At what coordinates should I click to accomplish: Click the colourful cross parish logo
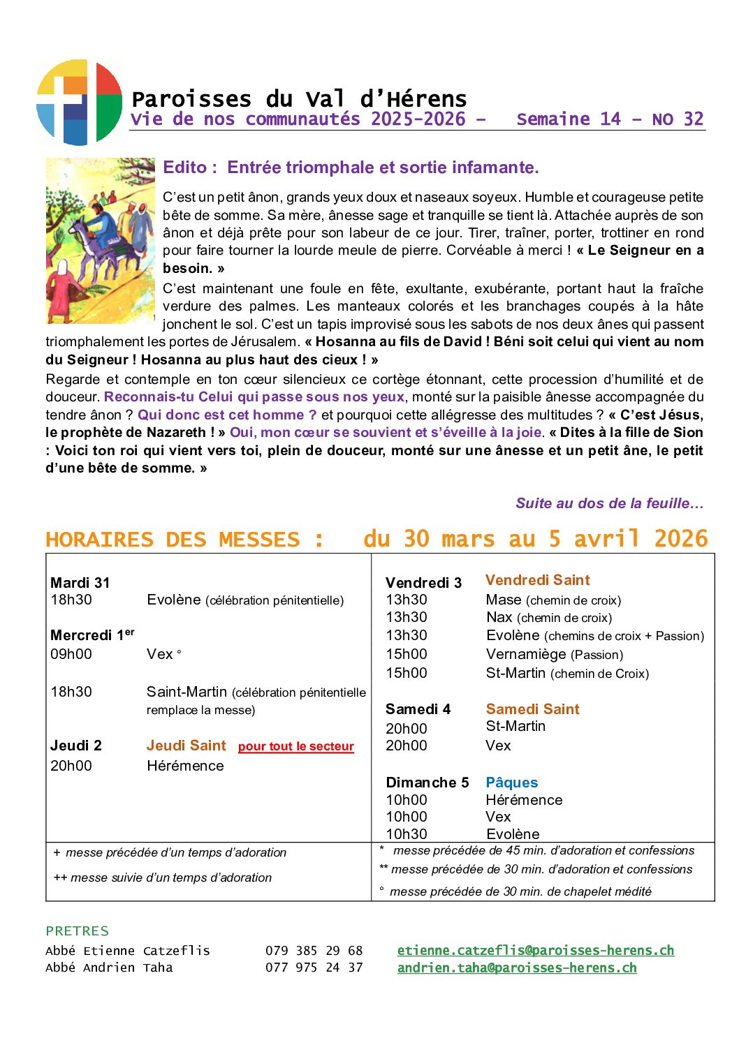tap(79, 103)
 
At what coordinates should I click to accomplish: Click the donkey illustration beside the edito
tap(100, 241)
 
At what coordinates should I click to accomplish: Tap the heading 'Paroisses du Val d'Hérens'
tap(298, 99)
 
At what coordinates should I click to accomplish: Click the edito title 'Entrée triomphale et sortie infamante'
tap(383, 168)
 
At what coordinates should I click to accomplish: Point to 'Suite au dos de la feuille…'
tap(609, 503)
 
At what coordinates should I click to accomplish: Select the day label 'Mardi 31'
tap(80, 583)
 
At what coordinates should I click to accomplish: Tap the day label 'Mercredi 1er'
tap(92, 635)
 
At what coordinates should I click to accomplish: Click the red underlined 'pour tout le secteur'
tap(295, 746)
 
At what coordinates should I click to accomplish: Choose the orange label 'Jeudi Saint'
tap(186, 746)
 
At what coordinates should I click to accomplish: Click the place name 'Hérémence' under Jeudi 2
tap(185, 766)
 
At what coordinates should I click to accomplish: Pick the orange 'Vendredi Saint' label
tap(537, 580)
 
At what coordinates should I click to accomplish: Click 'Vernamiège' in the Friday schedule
tap(526, 654)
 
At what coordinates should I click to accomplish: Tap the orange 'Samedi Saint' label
tap(532, 709)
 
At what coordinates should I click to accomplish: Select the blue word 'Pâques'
tap(511, 783)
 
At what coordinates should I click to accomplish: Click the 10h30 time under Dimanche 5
tap(406, 834)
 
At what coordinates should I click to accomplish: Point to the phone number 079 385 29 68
tap(314, 951)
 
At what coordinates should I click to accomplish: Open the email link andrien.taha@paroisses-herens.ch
tap(517, 968)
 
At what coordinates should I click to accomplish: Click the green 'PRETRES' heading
tap(77, 931)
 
